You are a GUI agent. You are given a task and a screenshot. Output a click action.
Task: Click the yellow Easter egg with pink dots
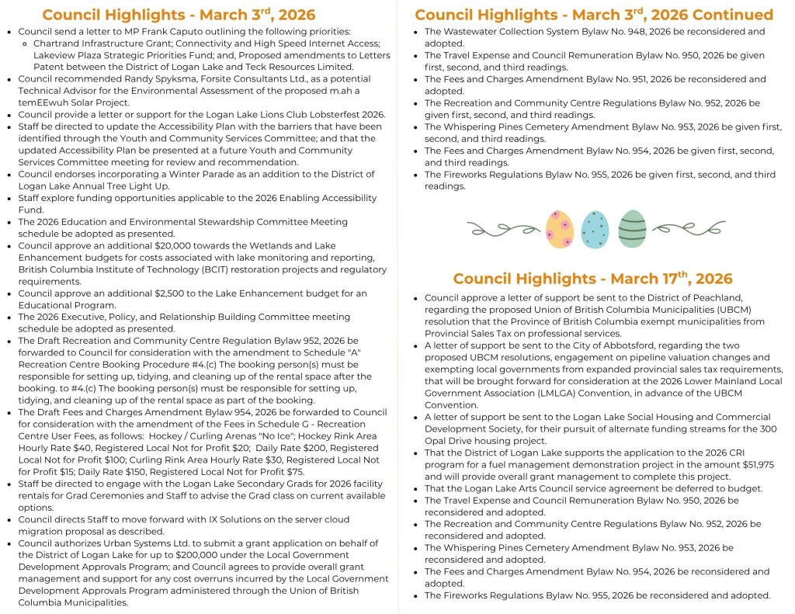coord(560,228)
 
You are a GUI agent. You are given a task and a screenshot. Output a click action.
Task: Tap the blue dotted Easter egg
coord(595,228)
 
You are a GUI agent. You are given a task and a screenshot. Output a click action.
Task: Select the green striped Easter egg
coord(632,228)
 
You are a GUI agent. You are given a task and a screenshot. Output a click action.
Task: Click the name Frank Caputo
coord(148,31)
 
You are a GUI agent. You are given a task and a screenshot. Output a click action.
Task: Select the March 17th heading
coord(592,279)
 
